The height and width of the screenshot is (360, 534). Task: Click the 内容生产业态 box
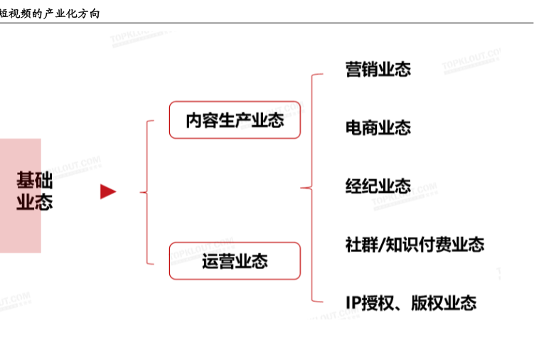(x=235, y=120)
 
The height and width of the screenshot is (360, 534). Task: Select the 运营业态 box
(x=235, y=260)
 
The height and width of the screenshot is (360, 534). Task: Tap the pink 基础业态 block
(x=21, y=195)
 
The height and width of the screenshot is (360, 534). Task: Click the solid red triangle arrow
(x=107, y=191)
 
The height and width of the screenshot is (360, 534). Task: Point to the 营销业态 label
(x=378, y=69)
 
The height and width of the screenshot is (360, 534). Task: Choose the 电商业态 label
(x=378, y=128)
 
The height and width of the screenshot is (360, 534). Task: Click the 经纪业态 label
(x=378, y=186)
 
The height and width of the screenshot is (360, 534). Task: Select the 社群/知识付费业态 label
(x=415, y=245)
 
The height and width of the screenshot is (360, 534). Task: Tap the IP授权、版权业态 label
(x=411, y=302)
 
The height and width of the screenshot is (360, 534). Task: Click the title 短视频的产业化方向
(x=50, y=14)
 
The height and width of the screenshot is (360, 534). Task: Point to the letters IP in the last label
(x=354, y=302)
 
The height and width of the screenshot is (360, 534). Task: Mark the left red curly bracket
(x=147, y=191)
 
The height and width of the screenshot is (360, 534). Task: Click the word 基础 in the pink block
(x=34, y=180)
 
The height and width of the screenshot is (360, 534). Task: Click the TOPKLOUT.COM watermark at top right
(x=471, y=61)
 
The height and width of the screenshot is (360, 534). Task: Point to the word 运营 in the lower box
(x=218, y=261)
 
